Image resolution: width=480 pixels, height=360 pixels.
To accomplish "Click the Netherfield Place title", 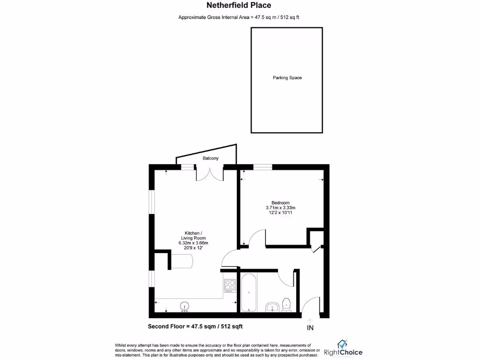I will pos(239,6).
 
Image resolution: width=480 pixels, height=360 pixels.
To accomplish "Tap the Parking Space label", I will pos(287,78).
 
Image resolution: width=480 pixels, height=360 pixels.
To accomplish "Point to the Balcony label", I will pos(210,158).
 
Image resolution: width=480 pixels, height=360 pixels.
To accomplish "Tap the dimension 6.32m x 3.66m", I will pos(194,243).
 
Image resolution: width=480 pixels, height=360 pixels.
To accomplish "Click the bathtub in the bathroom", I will pos(248,292).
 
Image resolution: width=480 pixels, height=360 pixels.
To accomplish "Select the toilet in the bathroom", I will pos(287,304).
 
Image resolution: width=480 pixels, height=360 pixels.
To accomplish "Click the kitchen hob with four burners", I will pos(230,285).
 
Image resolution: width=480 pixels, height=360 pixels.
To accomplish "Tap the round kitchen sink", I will pos(185,307).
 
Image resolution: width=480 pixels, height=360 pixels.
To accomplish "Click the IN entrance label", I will pos(310,327).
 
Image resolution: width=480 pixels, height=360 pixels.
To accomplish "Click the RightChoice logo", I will pos(343,349).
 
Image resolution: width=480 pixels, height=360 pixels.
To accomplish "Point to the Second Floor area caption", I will pos(195,326).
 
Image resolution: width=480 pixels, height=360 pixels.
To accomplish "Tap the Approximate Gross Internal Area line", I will pos(239,17).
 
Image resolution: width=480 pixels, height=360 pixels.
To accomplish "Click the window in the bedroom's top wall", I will pos(263,166).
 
